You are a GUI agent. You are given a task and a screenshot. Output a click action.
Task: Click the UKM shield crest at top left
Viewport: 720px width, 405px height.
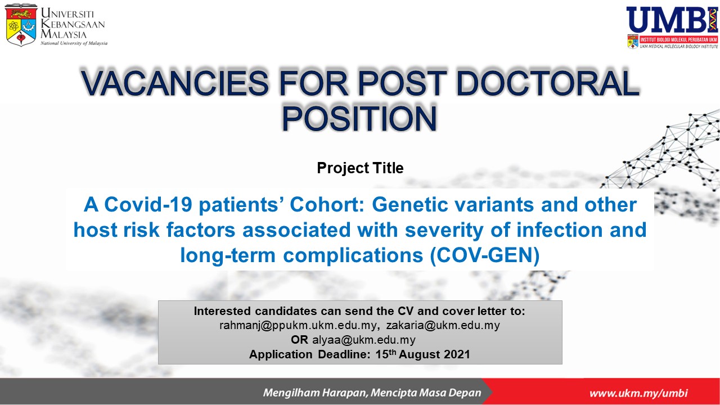pyautogui.click(x=21, y=25)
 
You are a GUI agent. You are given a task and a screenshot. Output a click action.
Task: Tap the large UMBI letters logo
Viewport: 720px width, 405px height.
pyautogui.click(x=672, y=20)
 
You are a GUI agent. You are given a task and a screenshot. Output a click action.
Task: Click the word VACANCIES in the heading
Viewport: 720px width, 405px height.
pyautogui.click(x=174, y=82)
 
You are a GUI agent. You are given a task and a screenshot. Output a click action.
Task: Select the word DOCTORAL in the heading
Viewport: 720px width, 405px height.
pyautogui.click(x=547, y=82)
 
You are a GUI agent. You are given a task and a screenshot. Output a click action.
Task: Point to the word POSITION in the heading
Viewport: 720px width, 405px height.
pyautogui.click(x=359, y=118)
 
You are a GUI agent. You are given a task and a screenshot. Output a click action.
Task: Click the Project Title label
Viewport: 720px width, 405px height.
pyautogui.click(x=360, y=168)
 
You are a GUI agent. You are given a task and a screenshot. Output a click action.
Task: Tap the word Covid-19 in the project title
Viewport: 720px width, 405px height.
pyautogui.click(x=148, y=204)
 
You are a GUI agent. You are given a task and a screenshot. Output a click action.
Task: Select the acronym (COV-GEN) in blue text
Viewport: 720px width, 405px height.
pyautogui.click(x=485, y=255)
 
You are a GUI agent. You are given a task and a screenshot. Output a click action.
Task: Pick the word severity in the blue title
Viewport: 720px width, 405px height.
pyautogui.click(x=444, y=230)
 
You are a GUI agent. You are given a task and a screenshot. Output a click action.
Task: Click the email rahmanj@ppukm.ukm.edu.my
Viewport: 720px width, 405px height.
pyautogui.click(x=298, y=325)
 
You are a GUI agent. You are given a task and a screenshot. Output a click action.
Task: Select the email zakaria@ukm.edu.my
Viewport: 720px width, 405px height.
pyautogui.click(x=443, y=325)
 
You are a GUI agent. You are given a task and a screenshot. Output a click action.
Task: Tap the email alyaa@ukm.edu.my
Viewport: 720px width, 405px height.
pyautogui.click(x=364, y=340)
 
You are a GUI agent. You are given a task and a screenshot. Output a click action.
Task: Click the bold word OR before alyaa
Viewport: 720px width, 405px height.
pyautogui.click(x=299, y=340)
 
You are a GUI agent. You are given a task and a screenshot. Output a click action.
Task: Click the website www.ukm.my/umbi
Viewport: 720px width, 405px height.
pyautogui.click(x=638, y=393)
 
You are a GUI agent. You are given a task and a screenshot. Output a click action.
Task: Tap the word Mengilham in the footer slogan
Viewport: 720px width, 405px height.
pyautogui.click(x=291, y=393)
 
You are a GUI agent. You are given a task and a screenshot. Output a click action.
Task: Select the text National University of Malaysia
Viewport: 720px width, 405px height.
pyautogui.click(x=74, y=43)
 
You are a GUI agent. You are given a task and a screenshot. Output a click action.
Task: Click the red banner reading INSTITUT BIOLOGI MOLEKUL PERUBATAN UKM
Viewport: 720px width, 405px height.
pyautogui.click(x=678, y=39)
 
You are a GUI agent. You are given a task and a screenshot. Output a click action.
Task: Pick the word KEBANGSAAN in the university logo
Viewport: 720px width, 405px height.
pyautogui.click(x=73, y=24)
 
